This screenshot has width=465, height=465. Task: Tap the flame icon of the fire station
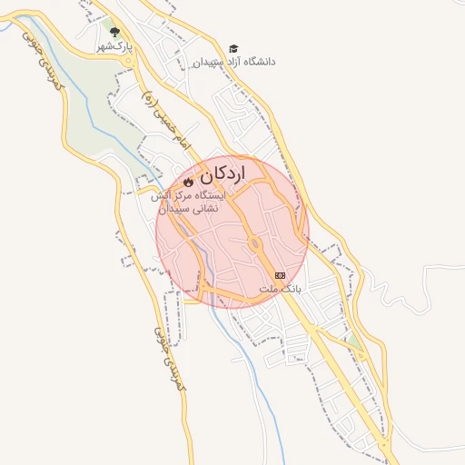point(189,182)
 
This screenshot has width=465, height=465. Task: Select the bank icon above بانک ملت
point(280,274)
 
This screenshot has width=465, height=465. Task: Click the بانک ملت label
point(280,289)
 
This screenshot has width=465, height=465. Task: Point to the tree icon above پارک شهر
point(114,32)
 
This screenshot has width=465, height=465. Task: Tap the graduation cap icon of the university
point(233,48)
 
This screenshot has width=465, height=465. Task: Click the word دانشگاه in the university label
point(257,62)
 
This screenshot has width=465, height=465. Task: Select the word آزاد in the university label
point(226,62)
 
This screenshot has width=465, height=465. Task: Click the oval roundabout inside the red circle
point(256,243)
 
